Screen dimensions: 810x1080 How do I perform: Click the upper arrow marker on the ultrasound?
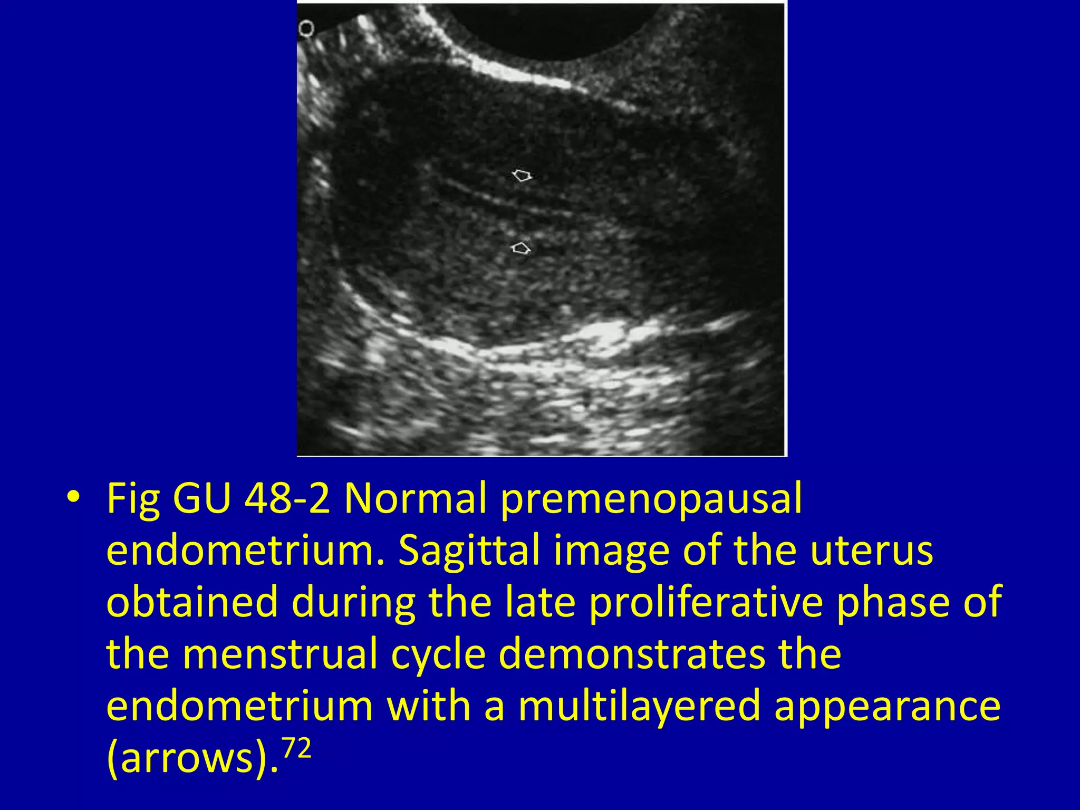click(522, 175)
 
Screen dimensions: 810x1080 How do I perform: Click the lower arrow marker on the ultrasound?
click(521, 248)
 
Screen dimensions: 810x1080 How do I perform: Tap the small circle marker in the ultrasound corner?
click(306, 28)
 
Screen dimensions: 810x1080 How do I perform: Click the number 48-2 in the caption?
click(287, 498)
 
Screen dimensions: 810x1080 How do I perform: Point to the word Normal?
click(415, 498)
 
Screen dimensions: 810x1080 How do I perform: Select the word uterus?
click(871, 551)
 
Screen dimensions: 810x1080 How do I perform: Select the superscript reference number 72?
click(296, 748)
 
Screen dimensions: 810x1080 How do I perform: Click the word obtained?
click(192, 602)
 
